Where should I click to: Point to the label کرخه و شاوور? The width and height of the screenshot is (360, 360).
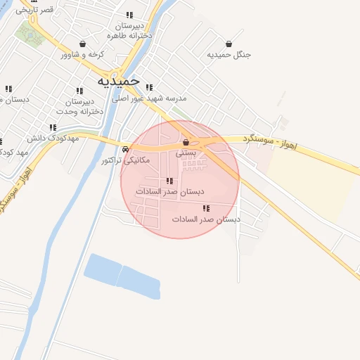(83, 54)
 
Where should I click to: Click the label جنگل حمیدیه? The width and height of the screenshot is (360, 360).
(229, 54)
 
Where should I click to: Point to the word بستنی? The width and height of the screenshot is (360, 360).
(186, 152)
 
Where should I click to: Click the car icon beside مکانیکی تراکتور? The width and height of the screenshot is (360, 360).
(125, 149)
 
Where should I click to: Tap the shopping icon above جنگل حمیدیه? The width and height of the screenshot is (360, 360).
(229, 43)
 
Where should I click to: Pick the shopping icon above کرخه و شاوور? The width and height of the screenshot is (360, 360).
(83, 44)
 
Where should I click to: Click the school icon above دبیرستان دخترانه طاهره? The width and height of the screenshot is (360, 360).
(129, 15)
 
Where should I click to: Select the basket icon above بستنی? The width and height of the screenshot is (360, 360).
(186, 142)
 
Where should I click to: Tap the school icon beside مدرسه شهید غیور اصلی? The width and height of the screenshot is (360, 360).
(149, 87)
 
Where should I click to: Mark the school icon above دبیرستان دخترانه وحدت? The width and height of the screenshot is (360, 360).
(79, 91)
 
